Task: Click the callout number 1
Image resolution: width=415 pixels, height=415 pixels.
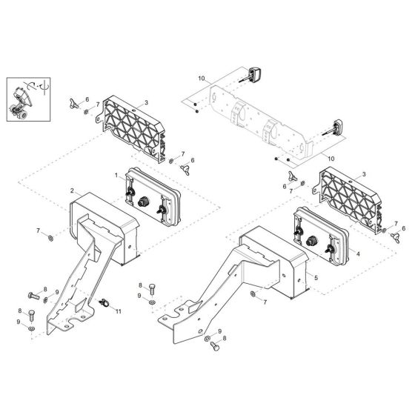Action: coord(116,175)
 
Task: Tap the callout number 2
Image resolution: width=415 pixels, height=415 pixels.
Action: coord(72,190)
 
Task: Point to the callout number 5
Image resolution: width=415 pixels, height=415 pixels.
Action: coord(316,277)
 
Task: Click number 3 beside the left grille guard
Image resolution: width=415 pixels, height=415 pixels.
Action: coord(146,102)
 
